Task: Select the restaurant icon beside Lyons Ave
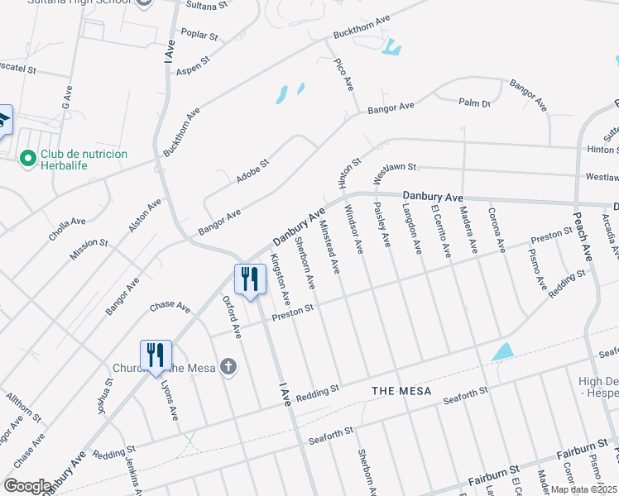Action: point(156,356)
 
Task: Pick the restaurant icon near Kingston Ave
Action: point(250,279)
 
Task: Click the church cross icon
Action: point(227,367)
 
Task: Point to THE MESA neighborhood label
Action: point(401,390)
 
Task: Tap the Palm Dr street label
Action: point(475,103)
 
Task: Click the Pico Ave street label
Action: point(343,74)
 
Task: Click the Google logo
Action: point(27,486)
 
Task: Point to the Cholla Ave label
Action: point(67,228)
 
